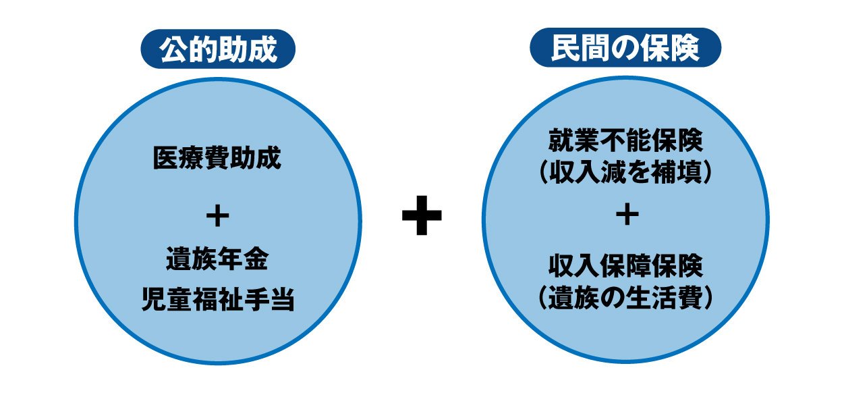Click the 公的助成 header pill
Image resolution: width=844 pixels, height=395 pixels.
click(x=218, y=49)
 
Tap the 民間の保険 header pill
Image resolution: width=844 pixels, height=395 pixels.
click(x=625, y=47)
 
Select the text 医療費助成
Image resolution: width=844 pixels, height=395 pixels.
click(x=217, y=158)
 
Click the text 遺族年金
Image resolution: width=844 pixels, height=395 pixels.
click(x=217, y=259)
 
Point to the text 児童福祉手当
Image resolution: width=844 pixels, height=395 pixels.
click(x=218, y=299)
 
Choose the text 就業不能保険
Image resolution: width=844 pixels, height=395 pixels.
click(x=625, y=140)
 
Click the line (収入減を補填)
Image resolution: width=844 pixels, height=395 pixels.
click(x=625, y=172)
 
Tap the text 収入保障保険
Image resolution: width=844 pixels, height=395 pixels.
click(x=625, y=266)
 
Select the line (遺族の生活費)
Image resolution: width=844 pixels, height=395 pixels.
click(x=625, y=298)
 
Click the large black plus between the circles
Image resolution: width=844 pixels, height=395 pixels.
click(x=422, y=215)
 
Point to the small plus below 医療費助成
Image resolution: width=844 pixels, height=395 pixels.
click(x=218, y=216)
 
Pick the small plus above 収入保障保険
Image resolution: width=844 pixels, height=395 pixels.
click(x=627, y=214)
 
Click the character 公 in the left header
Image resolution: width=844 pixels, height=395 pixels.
click(x=173, y=49)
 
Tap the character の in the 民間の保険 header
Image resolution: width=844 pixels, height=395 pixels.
click(x=625, y=49)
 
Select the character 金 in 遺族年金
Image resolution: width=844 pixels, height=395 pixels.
click(x=256, y=259)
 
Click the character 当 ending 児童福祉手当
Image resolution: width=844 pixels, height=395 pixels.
click(x=282, y=299)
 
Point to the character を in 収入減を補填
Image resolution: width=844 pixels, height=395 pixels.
click(x=639, y=172)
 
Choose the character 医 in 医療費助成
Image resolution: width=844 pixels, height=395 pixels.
click(x=166, y=158)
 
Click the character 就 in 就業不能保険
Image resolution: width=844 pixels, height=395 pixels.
click(x=561, y=140)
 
